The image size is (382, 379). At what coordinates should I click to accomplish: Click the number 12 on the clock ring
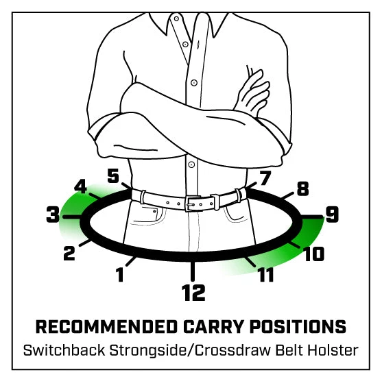[193, 293]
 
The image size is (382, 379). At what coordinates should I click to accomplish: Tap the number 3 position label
[53, 215]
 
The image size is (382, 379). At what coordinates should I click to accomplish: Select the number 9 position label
[333, 215]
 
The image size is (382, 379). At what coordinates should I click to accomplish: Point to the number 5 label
[113, 175]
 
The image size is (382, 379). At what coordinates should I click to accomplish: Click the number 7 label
[265, 178]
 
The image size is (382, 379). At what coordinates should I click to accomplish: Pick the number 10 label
[314, 254]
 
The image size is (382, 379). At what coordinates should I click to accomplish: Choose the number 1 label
[120, 274]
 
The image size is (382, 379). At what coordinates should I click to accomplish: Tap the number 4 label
[80, 186]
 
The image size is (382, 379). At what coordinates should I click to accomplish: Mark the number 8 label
[302, 188]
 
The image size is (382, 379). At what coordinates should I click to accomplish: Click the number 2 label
[69, 253]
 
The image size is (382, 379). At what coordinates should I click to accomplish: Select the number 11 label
[266, 274]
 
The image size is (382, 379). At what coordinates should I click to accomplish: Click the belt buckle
[193, 204]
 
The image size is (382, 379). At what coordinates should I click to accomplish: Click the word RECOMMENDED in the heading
[106, 326]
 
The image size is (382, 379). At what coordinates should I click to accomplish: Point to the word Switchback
[64, 350]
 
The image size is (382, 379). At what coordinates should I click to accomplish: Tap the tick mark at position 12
[193, 271]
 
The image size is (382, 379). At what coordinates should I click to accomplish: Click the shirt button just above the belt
[191, 164]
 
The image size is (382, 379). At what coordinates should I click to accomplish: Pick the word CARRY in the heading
[213, 326]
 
